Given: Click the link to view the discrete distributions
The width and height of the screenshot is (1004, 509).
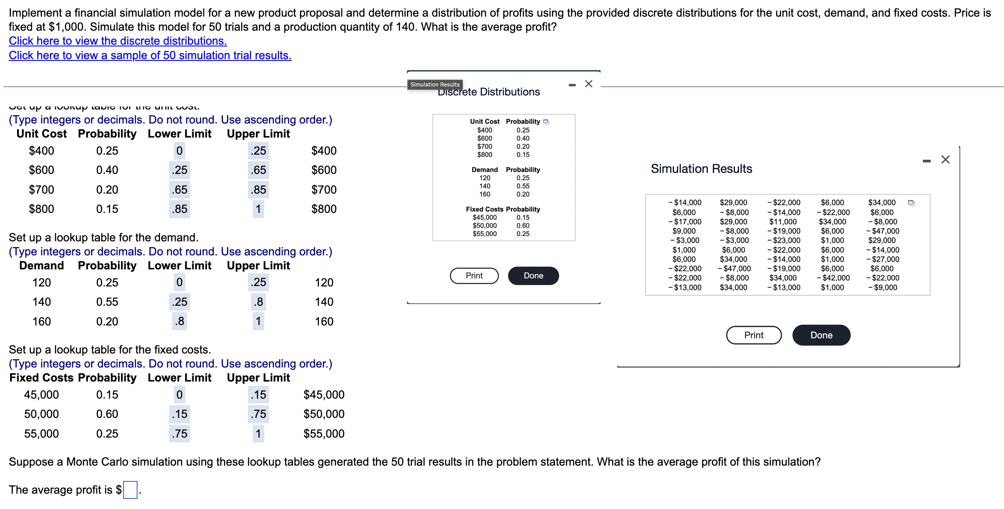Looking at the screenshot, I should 117,41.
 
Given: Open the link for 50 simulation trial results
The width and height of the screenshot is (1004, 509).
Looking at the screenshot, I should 150,56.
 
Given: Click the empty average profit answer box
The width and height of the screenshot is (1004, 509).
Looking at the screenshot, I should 130,490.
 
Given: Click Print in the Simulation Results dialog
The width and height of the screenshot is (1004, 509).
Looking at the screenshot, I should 753,335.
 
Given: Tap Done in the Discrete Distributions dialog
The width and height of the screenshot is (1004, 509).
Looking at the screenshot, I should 533,276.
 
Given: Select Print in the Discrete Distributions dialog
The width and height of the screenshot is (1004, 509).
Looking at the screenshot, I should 474,276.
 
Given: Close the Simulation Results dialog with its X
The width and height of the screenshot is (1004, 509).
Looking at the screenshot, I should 945,159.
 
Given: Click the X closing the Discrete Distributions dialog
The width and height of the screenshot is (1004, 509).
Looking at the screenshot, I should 588,84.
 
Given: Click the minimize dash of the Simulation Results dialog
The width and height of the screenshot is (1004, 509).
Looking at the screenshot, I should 926,161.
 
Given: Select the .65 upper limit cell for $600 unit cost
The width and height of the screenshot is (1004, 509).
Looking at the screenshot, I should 258,170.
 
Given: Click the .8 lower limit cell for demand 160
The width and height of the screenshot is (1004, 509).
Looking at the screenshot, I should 180,322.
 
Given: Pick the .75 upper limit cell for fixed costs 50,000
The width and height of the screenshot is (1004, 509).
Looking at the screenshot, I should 258,414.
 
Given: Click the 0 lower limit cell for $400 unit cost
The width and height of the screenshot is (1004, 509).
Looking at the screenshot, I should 180,151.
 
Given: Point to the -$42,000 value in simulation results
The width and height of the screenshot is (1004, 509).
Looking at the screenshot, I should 833,278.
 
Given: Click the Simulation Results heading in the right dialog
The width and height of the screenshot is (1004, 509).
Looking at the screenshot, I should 701,169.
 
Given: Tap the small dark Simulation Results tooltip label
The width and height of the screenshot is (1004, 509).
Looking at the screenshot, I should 435,85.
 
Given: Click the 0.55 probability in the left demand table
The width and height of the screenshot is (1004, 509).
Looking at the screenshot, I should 107,302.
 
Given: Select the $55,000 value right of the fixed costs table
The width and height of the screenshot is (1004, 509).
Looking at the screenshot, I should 324,434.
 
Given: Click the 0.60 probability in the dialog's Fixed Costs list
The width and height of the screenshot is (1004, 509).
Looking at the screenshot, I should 523,226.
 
